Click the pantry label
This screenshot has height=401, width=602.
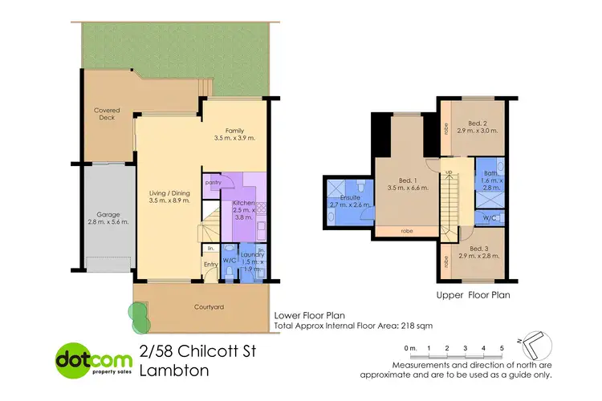point(213,183)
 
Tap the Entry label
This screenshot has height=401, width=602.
point(210,265)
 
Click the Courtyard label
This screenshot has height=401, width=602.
point(209,307)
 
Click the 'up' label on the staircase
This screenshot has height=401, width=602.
point(449,173)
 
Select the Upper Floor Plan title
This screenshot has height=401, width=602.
point(474,295)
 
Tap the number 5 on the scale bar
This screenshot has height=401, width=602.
point(502,347)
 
